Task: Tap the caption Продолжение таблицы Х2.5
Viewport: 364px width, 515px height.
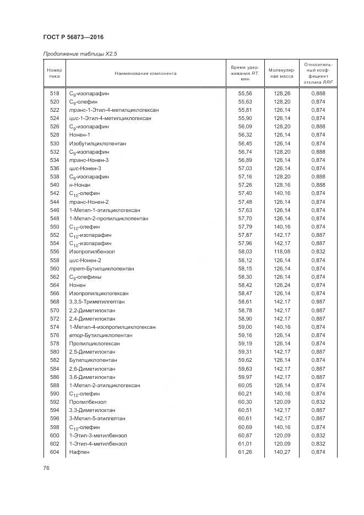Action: coord(80,54)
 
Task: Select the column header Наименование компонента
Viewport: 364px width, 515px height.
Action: coord(145,73)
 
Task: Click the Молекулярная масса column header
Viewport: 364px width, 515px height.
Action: coord(281,73)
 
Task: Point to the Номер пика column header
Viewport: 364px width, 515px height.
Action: coord(54,73)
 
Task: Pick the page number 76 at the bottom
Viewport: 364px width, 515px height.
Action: coord(46,468)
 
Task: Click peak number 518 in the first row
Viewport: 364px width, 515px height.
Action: coord(54,93)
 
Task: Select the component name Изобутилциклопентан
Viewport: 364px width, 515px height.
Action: coord(97,143)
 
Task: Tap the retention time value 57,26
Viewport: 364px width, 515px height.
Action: coord(245,185)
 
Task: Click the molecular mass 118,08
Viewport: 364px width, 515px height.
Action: coord(281,252)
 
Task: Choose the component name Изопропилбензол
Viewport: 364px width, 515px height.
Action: coord(92,252)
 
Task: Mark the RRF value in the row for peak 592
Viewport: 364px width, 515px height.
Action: coord(318,402)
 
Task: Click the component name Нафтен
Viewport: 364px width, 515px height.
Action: coord(79,452)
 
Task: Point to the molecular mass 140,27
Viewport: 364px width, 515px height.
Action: coord(281,452)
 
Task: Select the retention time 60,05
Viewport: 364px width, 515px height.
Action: coord(245,386)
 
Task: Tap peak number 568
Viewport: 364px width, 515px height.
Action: coord(54,302)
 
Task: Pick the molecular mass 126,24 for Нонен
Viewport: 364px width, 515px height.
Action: coord(281,285)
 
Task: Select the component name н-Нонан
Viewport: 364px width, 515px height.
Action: coord(80,185)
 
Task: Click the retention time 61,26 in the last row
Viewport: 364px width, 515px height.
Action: coord(245,452)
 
